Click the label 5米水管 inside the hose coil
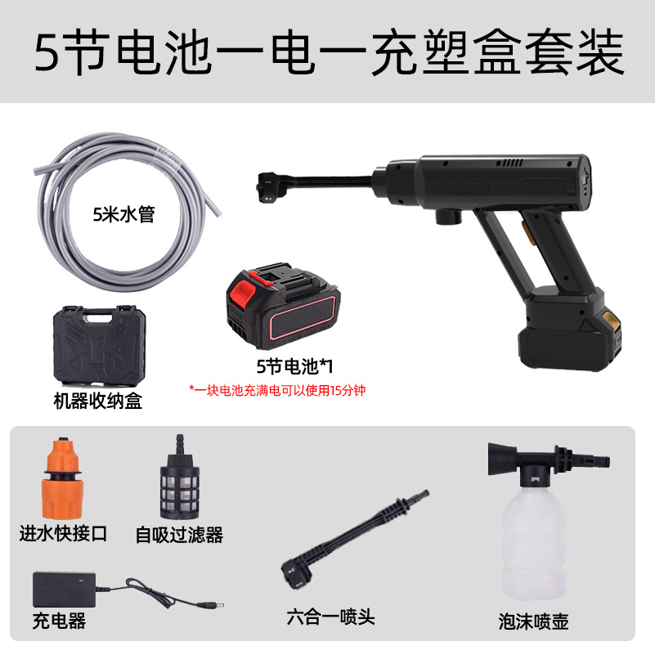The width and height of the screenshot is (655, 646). [123, 215]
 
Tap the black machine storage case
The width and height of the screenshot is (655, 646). [100, 345]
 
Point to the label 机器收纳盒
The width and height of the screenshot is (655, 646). [98, 402]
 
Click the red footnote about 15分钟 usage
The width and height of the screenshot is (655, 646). [277, 390]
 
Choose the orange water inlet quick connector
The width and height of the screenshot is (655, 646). [63, 478]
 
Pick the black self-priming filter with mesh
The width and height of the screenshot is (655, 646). [180, 478]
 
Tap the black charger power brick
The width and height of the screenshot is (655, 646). [65, 590]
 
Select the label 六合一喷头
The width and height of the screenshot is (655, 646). [331, 617]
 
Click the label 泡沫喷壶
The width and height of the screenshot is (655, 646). [533, 621]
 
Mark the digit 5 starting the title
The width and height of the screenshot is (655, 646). [47, 52]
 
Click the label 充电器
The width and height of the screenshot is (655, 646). [60, 621]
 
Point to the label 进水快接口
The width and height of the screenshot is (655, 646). [64, 534]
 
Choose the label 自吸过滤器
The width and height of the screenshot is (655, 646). [179, 535]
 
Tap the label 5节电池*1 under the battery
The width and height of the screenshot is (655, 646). [294, 366]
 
